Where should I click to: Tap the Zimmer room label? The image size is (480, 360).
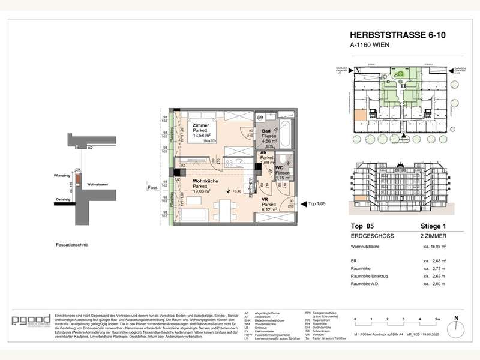pos(201,125)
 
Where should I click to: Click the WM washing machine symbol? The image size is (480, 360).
pos(260,118)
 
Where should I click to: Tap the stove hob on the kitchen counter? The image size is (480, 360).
pos(231,162)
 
